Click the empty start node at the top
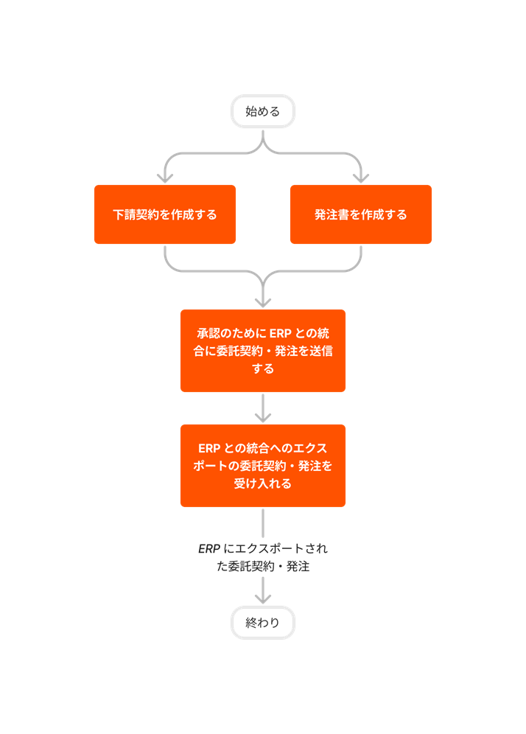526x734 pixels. [263, 111]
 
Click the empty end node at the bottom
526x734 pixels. [263, 623]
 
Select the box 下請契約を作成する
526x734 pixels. [165, 214]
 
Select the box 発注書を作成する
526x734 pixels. [361, 214]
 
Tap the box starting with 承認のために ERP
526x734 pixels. [263, 351]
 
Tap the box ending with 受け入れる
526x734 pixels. [263, 466]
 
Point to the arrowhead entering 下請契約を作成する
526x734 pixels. [165, 178]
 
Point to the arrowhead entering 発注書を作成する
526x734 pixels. [361, 178]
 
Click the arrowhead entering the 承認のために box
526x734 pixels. [263, 301]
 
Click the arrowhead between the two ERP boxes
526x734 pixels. [263, 416]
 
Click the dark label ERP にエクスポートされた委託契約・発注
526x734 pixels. [263, 558]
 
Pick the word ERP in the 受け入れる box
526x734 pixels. [210, 448]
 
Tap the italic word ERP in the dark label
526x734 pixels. [208, 549]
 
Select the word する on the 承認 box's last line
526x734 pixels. [263, 368]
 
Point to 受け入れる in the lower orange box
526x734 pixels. [263, 484]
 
